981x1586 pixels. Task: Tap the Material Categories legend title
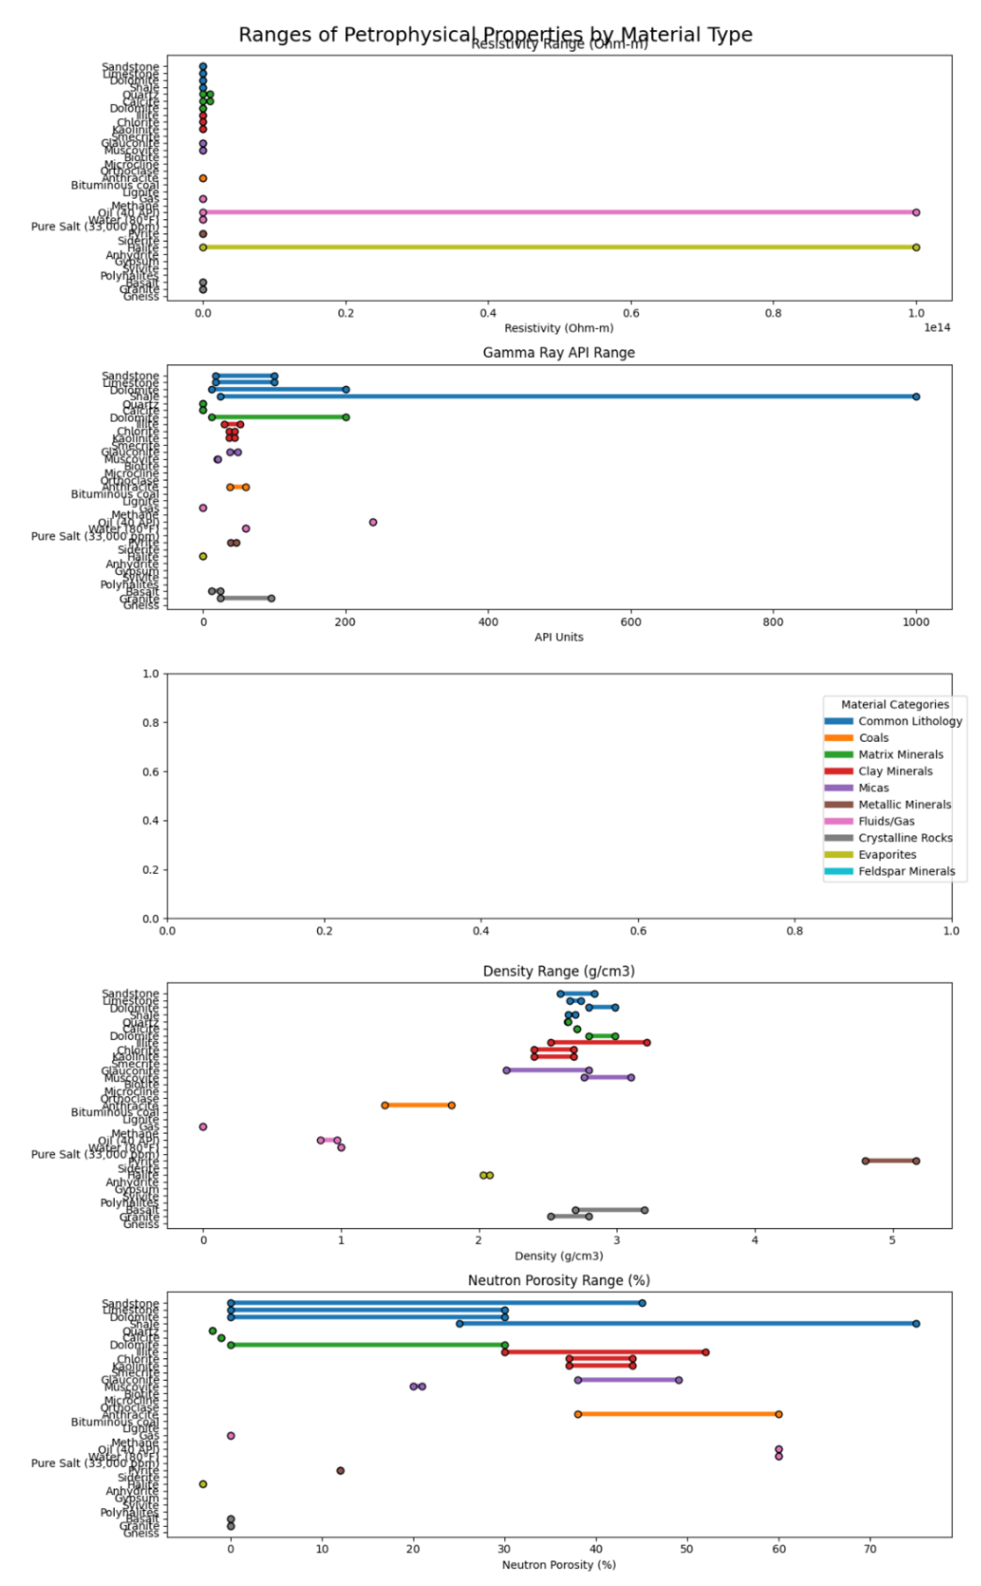click(x=895, y=704)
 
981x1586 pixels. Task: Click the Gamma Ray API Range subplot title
click(x=559, y=353)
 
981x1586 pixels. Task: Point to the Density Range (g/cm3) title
click(x=559, y=971)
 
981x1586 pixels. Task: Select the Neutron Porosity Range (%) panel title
click(x=559, y=1280)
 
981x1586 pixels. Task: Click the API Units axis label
click(x=559, y=637)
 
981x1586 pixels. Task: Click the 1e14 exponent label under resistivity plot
click(x=937, y=328)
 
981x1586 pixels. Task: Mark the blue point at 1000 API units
click(x=915, y=396)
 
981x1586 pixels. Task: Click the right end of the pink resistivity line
click(x=915, y=212)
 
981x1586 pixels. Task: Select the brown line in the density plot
click(x=890, y=1160)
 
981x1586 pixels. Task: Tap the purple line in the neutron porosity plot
click(x=628, y=1380)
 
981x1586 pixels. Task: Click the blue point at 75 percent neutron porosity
click(x=915, y=1323)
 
